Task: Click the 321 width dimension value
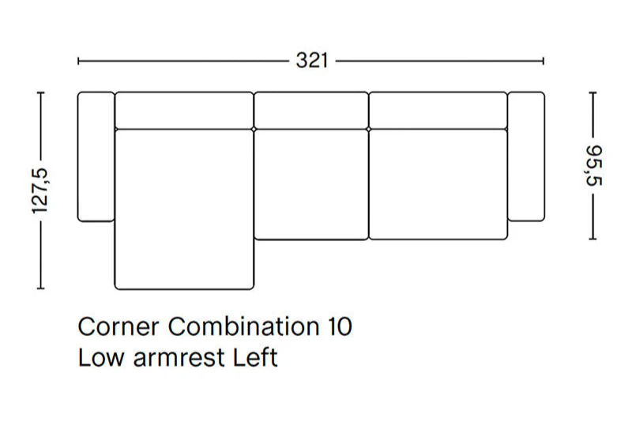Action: point(312,61)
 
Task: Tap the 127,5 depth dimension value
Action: point(40,190)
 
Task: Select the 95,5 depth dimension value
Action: point(593,166)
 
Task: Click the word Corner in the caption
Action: point(118,326)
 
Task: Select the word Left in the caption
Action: point(255,357)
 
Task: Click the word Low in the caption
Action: point(101,357)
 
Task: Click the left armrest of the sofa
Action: point(96,156)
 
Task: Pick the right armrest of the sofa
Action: point(526,156)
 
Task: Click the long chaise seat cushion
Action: point(184,209)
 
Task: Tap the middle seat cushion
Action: point(311,185)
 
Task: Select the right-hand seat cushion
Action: point(438,185)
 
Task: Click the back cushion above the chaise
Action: point(184,111)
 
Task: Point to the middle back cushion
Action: point(311,111)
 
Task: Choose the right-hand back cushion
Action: point(438,111)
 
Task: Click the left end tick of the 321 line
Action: point(78,62)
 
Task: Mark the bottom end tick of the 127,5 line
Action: point(40,288)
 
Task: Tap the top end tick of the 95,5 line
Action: point(592,92)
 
